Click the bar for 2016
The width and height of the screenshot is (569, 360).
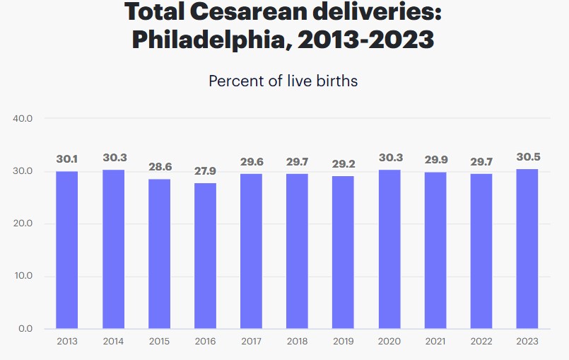(205, 255)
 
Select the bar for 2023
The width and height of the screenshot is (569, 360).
(527, 249)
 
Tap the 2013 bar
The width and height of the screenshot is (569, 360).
(67, 250)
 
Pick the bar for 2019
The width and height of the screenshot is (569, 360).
(343, 252)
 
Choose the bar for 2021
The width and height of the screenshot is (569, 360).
(435, 250)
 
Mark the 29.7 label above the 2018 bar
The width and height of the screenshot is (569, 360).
(297, 163)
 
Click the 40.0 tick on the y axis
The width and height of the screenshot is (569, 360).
(23, 118)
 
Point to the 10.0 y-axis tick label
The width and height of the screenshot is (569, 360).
(23, 276)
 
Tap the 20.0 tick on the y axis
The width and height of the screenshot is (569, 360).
(23, 223)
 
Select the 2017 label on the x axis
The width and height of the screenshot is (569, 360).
(251, 342)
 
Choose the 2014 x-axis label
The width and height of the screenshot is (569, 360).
(113, 342)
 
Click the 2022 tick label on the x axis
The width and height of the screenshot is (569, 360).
(481, 342)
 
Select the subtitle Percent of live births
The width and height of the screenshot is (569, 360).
(283, 81)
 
